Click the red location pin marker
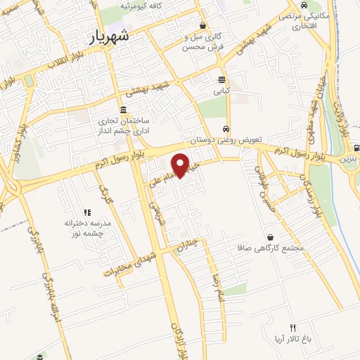[x=182, y=165]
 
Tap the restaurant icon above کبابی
[x=222, y=79]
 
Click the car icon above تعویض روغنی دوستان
[x=224, y=129]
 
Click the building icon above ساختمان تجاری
[x=124, y=110]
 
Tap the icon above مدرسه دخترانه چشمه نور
[x=88, y=212]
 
